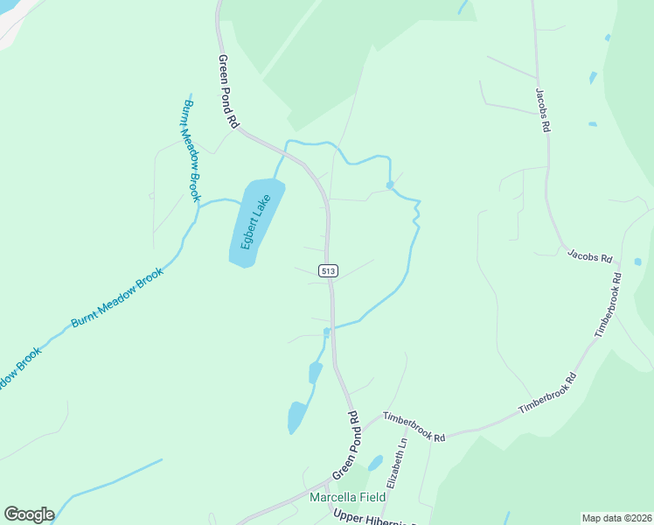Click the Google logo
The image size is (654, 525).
[x=29, y=514]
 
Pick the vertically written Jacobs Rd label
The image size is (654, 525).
[x=543, y=108]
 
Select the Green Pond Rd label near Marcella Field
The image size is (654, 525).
[x=346, y=445]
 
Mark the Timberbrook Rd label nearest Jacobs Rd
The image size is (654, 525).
[x=608, y=305]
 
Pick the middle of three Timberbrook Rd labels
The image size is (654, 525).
[x=548, y=394]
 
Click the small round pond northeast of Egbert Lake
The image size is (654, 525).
[x=389, y=185]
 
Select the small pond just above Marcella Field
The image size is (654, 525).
[x=375, y=463]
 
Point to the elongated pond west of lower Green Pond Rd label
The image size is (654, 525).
[x=297, y=416]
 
